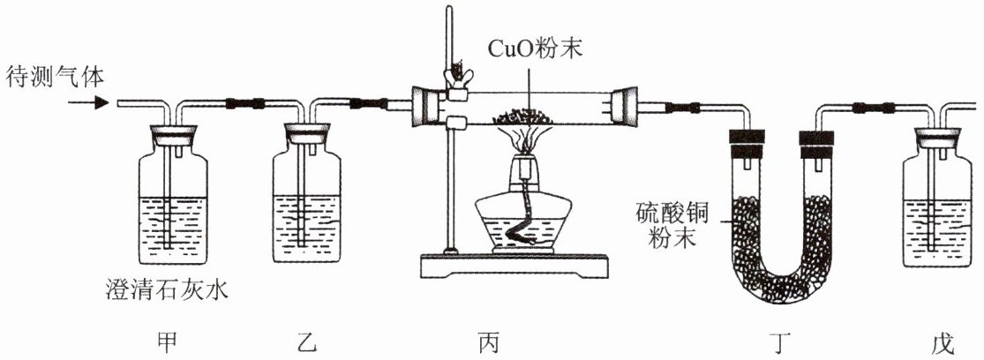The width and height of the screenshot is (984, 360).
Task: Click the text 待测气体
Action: point(56,77)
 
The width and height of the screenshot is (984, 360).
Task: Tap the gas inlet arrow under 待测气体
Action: point(88,102)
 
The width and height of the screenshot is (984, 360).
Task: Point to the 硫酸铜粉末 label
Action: point(671,227)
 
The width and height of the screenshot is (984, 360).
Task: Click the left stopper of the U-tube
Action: point(746,144)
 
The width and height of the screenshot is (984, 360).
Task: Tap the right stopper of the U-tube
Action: point(815,144)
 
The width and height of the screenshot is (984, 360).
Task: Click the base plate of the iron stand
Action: point(514,266)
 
